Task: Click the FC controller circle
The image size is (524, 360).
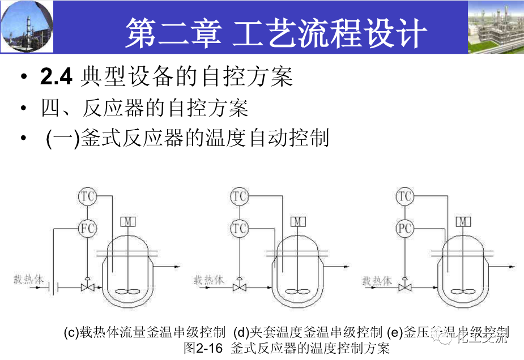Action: tap(87, 228)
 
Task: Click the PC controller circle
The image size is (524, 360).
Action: tap(404, 228)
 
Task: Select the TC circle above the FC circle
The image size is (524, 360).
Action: tap(87, 196)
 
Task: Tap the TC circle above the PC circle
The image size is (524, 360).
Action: tap(404, 196)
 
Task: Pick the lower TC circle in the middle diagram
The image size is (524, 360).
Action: tap(240, 228)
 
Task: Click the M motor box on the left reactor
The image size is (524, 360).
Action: tap(129, 221)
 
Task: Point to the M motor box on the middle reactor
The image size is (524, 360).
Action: tap(297, 221)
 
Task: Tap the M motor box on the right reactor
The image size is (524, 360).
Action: tap(464, 221)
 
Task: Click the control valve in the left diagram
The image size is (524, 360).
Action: tap(87, 288)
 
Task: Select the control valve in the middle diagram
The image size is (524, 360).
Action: tap(240, 288)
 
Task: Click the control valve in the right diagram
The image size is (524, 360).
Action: tap(404, 288)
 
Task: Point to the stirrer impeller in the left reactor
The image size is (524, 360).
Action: tap(129, 292)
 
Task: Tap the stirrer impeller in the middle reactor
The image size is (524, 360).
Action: tap(297, 292)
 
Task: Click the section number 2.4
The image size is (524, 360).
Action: tap(56, 77)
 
